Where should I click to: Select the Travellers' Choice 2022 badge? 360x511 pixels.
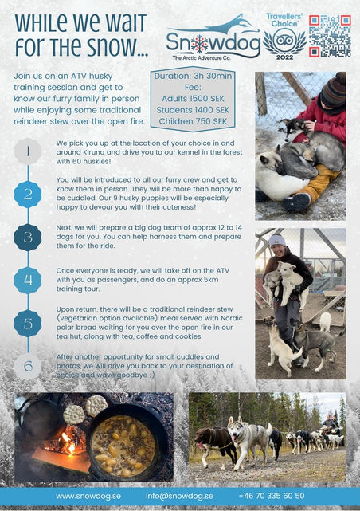tap(284, 33)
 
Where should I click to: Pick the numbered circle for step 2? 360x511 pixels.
tap(28, 194)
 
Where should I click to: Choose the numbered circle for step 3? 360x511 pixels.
tap(28, 238)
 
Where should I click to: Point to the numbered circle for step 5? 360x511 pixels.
tap(28, 324)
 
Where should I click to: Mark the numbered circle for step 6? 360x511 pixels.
tap(28, 367)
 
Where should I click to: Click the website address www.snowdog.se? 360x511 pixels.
tap(88, 496)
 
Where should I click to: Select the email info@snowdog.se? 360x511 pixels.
tap(179, 496)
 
